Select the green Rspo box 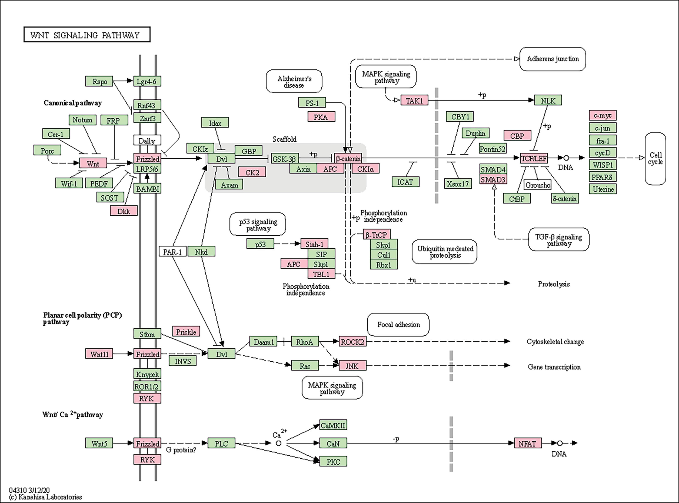[x=99, y=81]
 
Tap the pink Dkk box [x=124, y=211]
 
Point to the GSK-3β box [x=284, y=159]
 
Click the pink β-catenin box [x=348, y=158]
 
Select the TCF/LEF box [x=534, y=158]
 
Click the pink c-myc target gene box [x=603, y=115]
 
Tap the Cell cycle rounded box [x=655, y=159]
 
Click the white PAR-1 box [x=172, y=251]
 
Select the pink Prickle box [x=186, y=332]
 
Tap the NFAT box [x=528, y=443]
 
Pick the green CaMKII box [x=333, y=425]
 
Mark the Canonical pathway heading [x=72, y=103]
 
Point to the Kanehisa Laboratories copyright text [x=46, y=497]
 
